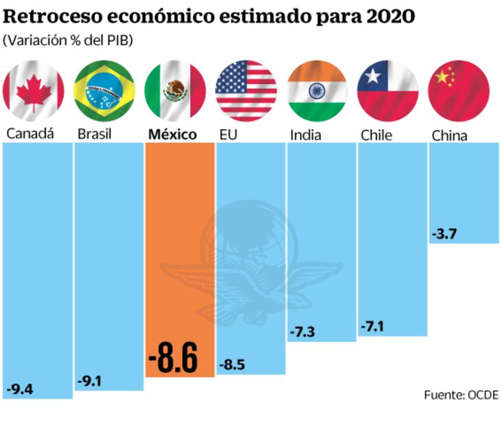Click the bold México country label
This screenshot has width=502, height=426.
click(172, 135)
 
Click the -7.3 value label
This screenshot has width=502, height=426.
click(302, 333)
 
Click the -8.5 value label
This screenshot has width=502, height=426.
click(231, 365)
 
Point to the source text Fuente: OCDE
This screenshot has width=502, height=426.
click(461, 394)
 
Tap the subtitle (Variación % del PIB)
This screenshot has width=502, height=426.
click(68, 41)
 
